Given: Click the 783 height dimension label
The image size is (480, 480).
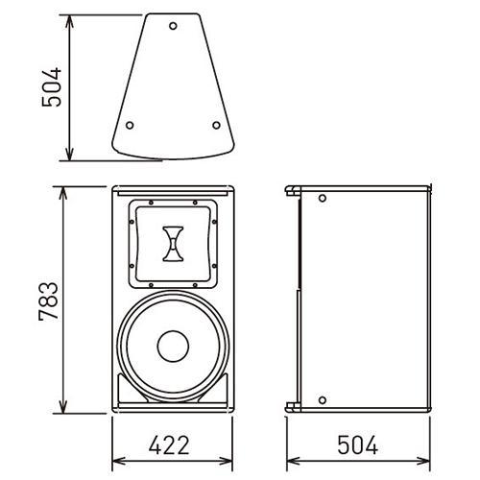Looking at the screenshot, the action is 49,301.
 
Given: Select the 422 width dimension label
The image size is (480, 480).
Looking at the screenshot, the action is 169,444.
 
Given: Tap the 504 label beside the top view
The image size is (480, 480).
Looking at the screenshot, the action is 51,87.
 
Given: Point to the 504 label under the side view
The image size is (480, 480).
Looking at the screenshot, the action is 358,444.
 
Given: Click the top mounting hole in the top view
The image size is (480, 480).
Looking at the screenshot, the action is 173,26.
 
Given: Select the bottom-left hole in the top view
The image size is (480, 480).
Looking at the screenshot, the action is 130,125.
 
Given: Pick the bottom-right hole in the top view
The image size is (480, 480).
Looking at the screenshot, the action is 216,125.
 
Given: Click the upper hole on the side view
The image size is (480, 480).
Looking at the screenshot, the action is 323,198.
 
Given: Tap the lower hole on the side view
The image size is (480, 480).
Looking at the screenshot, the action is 323,400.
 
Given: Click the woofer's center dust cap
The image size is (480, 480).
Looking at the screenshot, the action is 173,347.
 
